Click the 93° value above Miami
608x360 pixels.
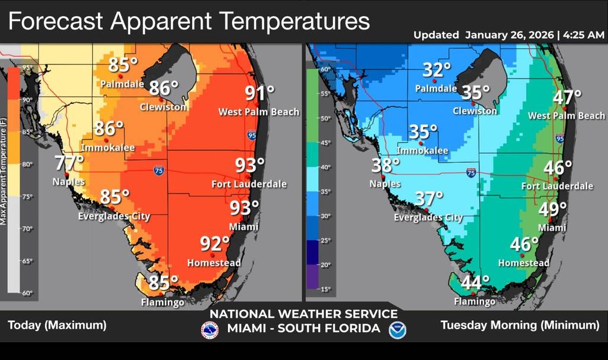(x=244, y=208)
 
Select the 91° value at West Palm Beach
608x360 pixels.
(x=260, y=94)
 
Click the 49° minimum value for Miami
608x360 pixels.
(x=552, y=209)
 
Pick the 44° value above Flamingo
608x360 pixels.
(x=475, y=283)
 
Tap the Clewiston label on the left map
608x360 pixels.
(x=163, y=107)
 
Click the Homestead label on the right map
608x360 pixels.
(x=523, y=263)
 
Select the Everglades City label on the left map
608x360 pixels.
(x=114, y=216)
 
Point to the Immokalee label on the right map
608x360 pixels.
(x=422, y=151)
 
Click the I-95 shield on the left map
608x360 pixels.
(x=252, y=135)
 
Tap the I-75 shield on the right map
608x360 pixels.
(x=471, y=173)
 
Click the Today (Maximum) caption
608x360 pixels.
(x=57, y=325)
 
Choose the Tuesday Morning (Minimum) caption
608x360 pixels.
(x=520, y=325)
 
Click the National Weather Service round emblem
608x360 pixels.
(x=210, y=330)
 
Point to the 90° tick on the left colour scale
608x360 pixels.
(x=27, y=100)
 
